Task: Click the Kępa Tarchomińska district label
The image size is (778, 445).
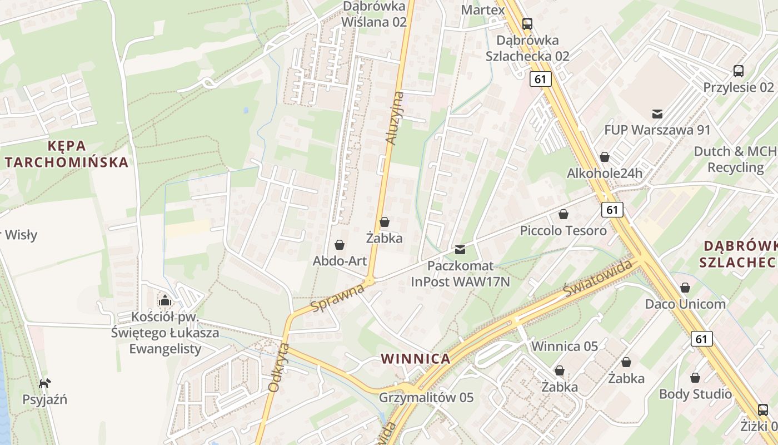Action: pos(66,154)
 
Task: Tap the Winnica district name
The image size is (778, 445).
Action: pos(416,359)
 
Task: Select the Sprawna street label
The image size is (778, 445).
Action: pos(337,298)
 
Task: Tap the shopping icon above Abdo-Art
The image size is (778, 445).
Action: pos(339,245)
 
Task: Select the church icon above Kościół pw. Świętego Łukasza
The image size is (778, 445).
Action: pos(164,301)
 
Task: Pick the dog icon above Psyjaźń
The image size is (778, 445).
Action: pos(45,383)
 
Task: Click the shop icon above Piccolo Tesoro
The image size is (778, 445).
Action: pos(563,214)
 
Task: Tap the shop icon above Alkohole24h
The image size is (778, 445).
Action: pos(604,157)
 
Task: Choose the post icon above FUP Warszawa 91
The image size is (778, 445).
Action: pos(657,114)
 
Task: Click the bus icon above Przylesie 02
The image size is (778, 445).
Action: pos(738,71)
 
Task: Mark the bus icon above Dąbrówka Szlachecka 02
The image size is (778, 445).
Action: pos(527,24)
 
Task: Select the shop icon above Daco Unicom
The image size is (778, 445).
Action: pos(685,288)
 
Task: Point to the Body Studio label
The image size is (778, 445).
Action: pos(695,394)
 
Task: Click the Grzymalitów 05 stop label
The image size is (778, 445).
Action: pos(426,398)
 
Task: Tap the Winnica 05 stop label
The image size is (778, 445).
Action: pos(565,347)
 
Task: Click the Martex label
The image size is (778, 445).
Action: pos(483,10)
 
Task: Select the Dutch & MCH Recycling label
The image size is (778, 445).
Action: pos(735,159)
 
